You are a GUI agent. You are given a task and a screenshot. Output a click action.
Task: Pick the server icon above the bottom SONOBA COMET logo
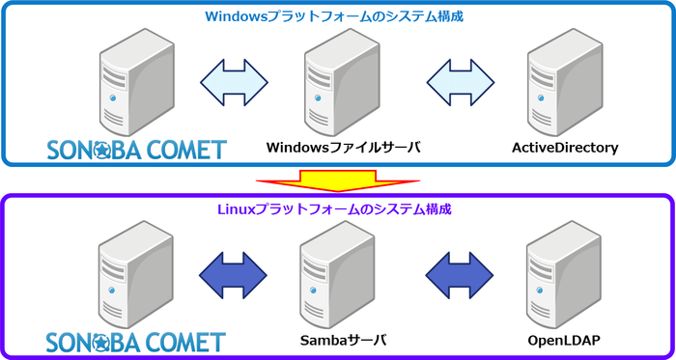(127, 273)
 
